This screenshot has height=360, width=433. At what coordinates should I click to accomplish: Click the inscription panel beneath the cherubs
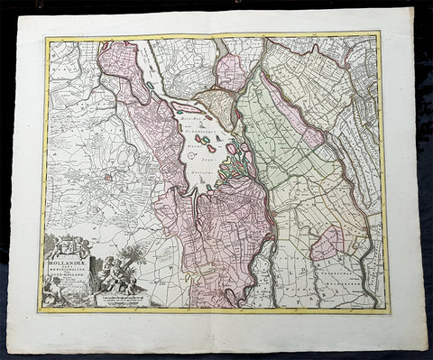point(123,296)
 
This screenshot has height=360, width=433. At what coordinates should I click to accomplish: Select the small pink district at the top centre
point(232,70)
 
